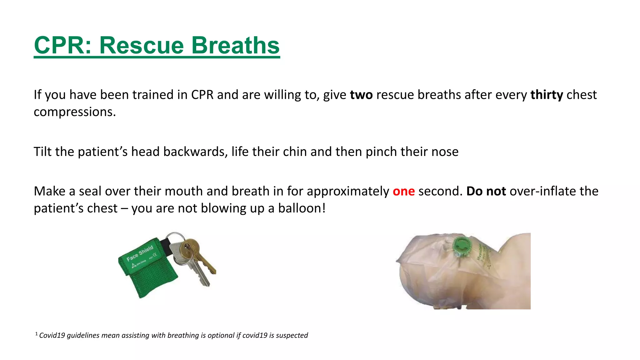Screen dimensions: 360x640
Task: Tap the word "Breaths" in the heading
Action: (235, 45)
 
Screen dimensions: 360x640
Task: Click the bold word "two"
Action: (361, 95)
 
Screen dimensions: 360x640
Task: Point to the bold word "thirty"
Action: (547, 95)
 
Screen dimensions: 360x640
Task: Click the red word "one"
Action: (403, 191)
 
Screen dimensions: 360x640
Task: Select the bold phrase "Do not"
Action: (486, 191)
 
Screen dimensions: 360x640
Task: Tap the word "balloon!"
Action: (302, 208)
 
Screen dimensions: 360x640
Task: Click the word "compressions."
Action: (75, 112)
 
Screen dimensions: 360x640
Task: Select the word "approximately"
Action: (348, 191)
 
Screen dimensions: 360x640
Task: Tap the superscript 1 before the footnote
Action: (37, 334)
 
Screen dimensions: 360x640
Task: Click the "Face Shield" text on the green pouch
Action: (140, 253)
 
